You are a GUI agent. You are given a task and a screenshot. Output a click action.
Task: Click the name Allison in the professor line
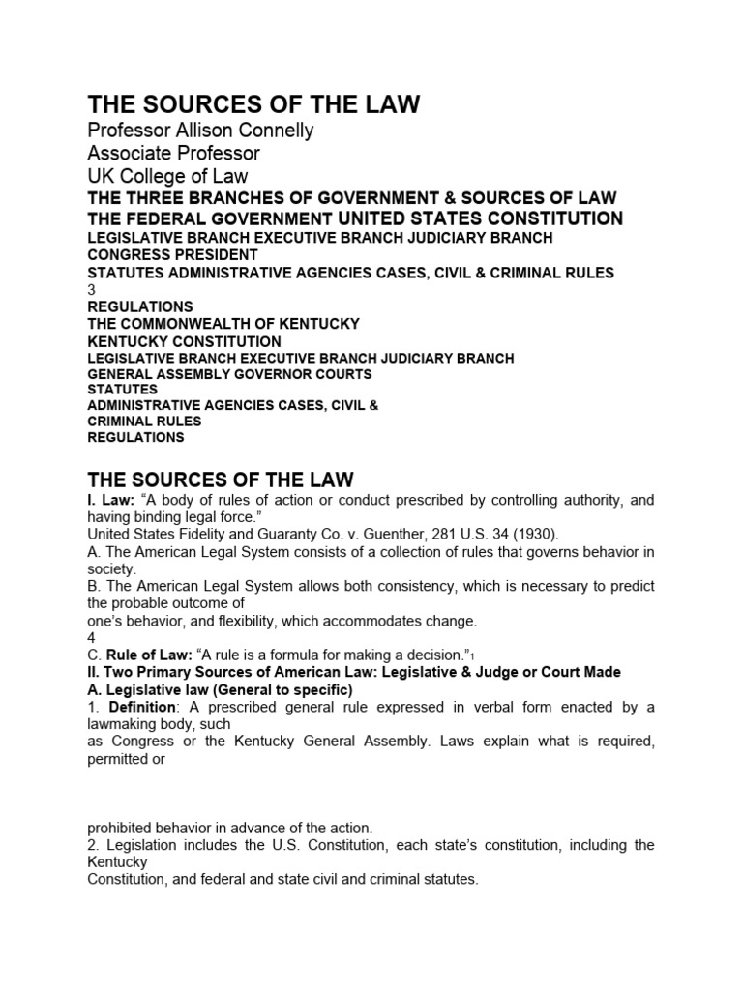213,131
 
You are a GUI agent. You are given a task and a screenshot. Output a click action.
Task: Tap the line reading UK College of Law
167,176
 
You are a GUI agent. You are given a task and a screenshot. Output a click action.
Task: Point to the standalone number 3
92,289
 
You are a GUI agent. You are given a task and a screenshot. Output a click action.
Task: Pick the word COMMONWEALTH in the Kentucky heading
191,324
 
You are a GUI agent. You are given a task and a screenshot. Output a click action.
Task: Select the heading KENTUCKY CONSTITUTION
184,341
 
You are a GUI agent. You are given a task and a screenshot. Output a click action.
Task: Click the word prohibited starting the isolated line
121,827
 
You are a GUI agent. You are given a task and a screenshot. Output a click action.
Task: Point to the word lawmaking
125,724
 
